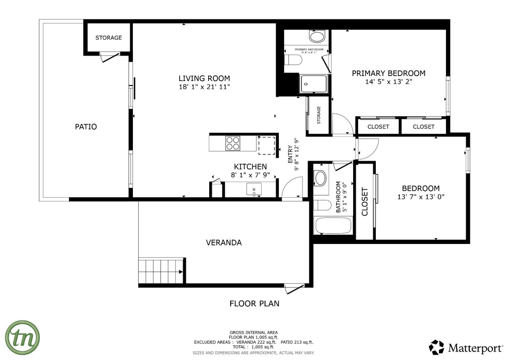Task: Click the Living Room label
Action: [x=204, y=79]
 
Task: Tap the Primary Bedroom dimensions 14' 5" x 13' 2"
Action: [x=388, y=82]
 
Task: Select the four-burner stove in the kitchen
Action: [x=233, y=144]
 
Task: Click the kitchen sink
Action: [x=254, y=189]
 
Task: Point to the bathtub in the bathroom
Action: [x=333, y=226]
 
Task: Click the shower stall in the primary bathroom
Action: [x=313, y=84]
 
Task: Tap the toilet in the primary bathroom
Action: [x=293, y=60]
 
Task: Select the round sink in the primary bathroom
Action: [x=317, y=36]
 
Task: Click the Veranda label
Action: [x=224, y=243]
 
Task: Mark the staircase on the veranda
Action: [x=161, y=271]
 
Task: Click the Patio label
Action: [x=86, y=127]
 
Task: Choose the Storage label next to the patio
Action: [x=109, y=38]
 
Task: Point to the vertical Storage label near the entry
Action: [x=318, y=115]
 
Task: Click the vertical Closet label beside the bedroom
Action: [x=365, y=202]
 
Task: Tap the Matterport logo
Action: [x=466, y=348]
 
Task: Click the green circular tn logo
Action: [x=22, y=337]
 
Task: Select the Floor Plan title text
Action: [x=254, y=303]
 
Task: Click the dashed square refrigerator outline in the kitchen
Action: [x=267, y=145]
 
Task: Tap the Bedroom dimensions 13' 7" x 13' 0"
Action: [x=421, y=197]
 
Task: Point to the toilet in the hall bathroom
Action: [x=322, y=205]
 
